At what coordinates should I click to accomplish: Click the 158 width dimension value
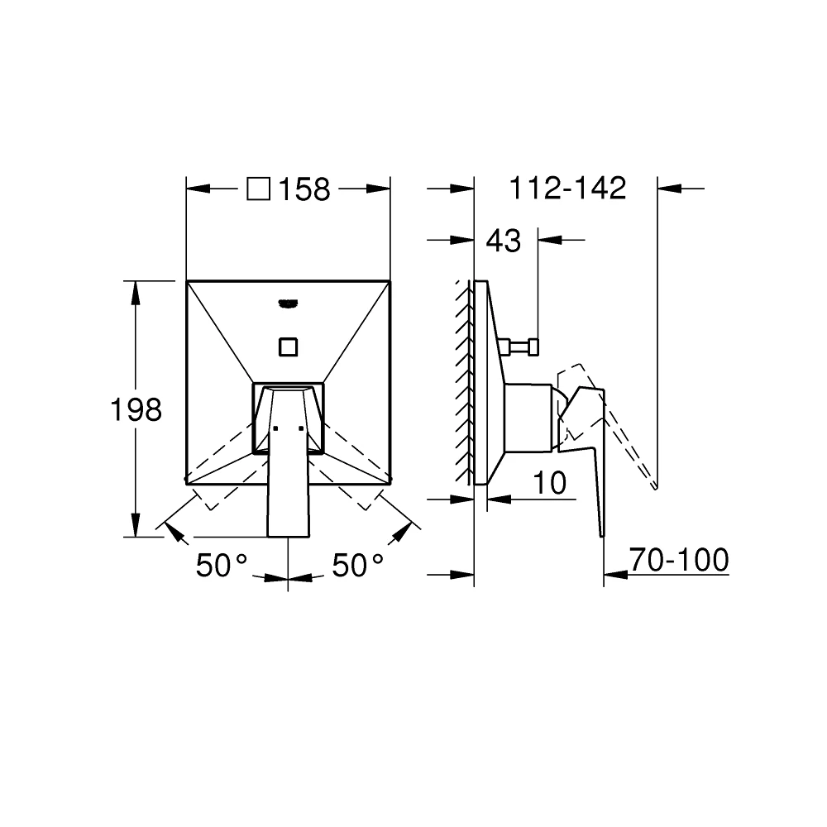[304, 189]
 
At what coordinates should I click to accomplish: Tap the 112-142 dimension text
[567, 189]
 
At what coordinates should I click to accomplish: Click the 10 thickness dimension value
[549, 483]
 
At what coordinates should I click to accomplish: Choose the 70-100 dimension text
[678, 560]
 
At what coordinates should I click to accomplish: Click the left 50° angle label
[222, 566]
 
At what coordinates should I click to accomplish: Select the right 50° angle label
[358, 566]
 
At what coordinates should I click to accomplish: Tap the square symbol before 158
[259, 189]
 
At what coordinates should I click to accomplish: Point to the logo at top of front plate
[288, 302]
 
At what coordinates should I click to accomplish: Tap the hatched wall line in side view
[463, 380]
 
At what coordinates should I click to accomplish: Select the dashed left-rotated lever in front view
[223, 480]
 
